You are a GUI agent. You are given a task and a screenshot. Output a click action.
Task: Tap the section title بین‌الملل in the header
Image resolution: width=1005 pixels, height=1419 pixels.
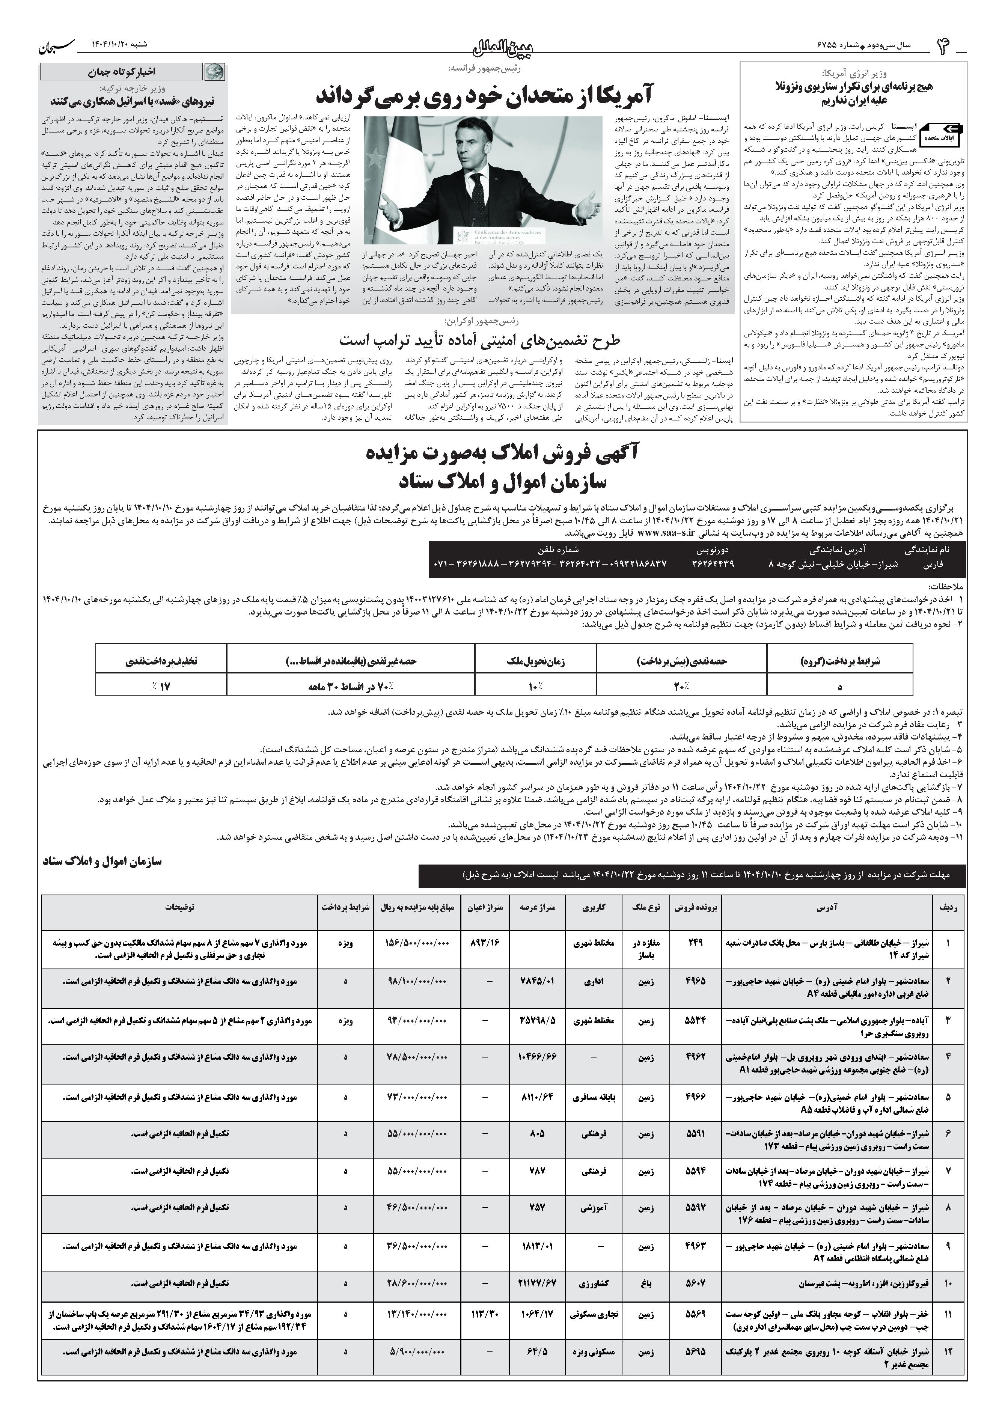502,47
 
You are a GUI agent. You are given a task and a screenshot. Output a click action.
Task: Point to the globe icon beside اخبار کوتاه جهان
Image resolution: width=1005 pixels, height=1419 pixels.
215,72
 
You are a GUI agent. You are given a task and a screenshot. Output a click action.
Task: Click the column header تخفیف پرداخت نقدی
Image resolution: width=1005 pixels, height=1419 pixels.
161,661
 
